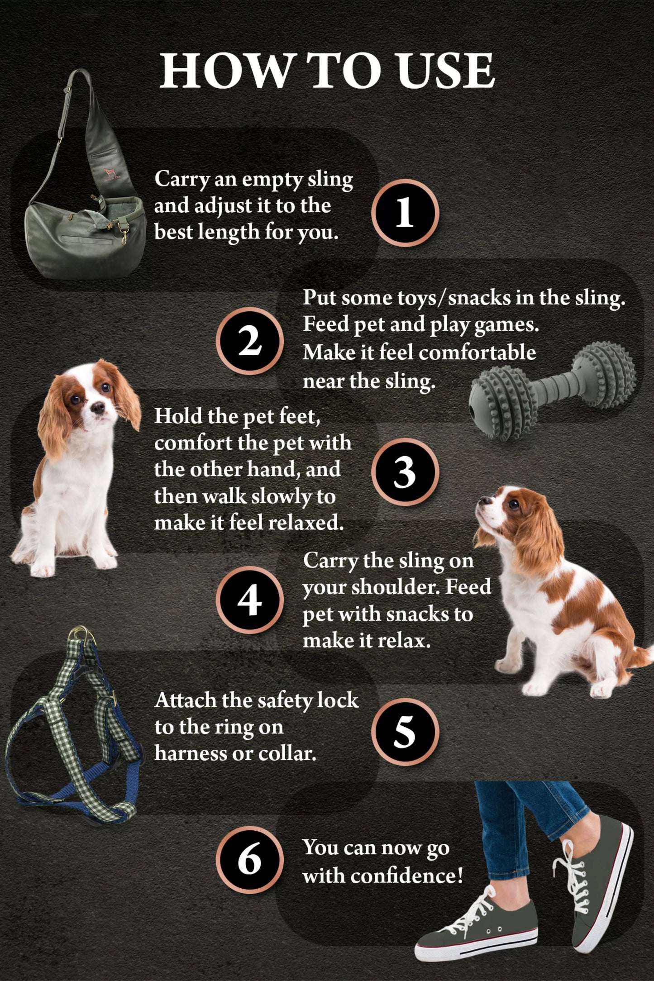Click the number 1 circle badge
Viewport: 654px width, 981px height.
405,213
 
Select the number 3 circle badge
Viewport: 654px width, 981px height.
405,471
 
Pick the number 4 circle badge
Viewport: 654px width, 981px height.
249,600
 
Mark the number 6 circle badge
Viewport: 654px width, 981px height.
249,860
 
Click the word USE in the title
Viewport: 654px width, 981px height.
445,71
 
